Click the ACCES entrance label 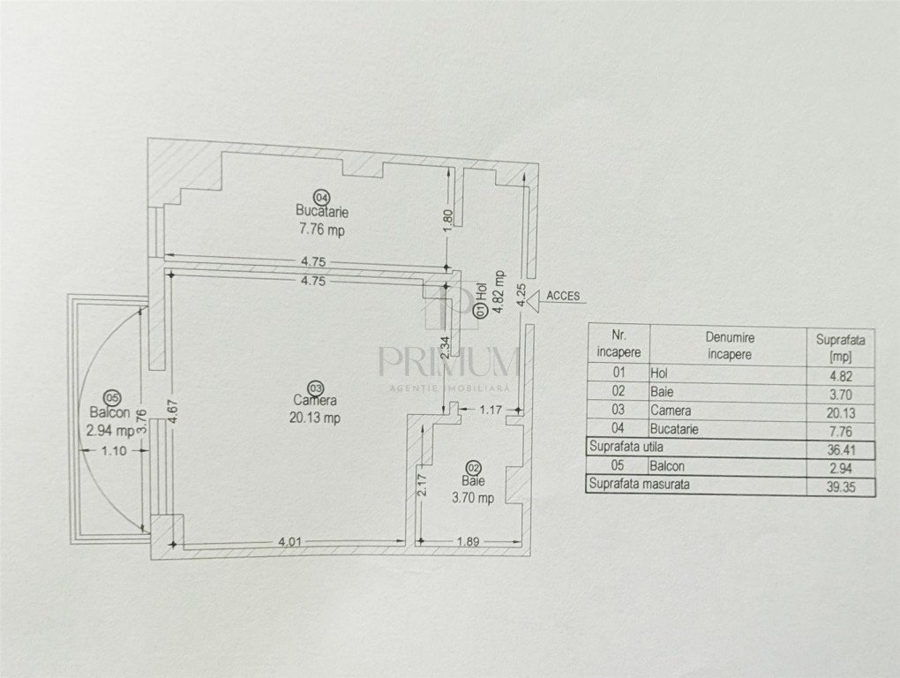pos(563,296)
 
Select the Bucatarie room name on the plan pos(322,212)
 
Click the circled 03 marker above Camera pos(315,388)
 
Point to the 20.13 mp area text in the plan pos(314,418)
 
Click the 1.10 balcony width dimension pos(114,450)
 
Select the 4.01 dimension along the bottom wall pos(290,541)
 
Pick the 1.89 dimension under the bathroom pos(469,541)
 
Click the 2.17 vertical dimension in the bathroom pos(423,484)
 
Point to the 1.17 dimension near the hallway pos(491,410)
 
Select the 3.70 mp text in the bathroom pos(473,498)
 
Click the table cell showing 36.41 pos(841,449)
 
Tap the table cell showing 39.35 pos(841,486)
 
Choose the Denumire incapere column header pos(730,345)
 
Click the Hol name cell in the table pos(659,373)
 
